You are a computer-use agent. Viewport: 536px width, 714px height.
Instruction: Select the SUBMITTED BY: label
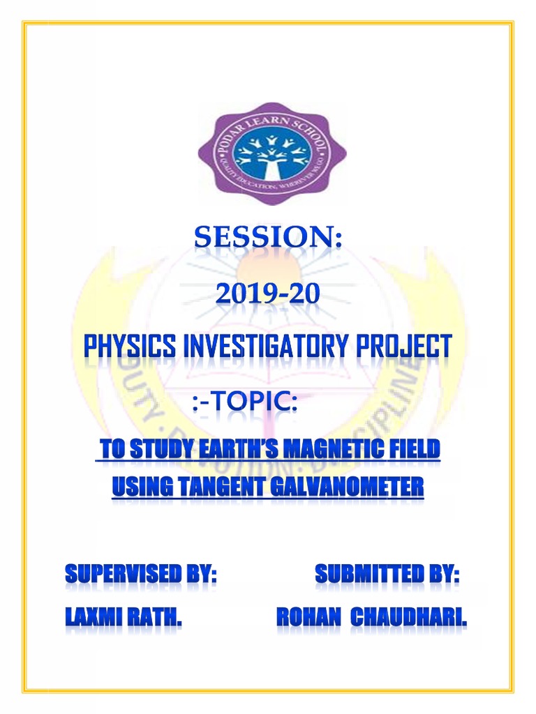pos(387,575)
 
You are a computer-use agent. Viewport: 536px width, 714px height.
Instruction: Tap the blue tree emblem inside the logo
pos(272,153)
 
